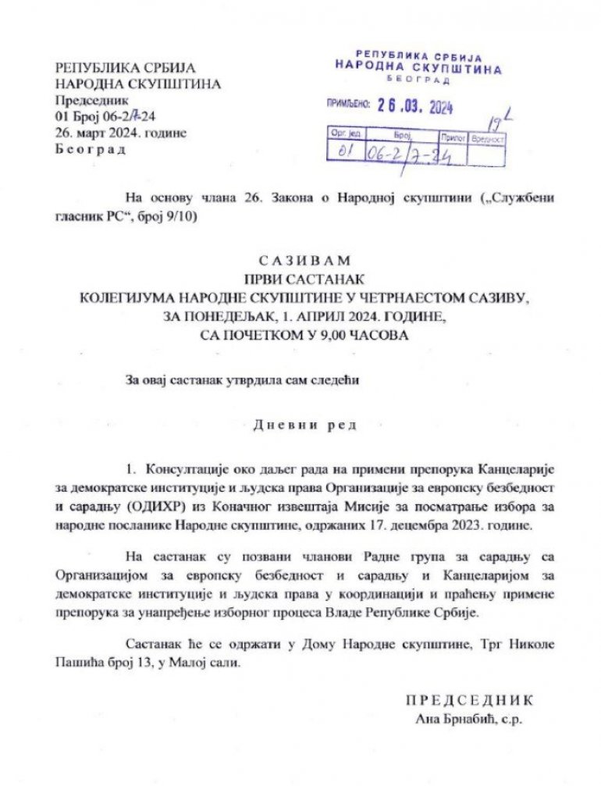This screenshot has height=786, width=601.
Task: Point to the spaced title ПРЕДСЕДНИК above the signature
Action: (x=469, y=701)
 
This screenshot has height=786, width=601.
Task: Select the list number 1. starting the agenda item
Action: (x=131, y=470)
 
